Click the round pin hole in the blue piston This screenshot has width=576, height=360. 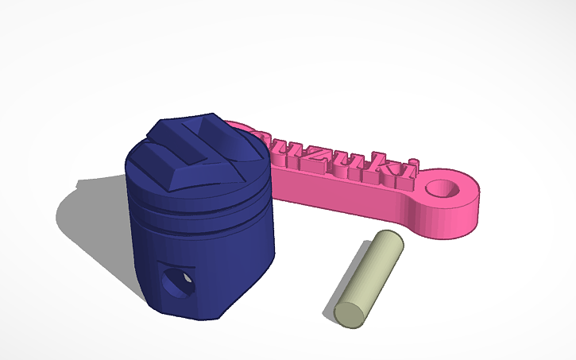[176, 281]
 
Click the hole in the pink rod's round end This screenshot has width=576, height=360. [446, 188]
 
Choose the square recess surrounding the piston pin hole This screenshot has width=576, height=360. [176, 283]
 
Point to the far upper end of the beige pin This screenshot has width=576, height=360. [390, 239]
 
